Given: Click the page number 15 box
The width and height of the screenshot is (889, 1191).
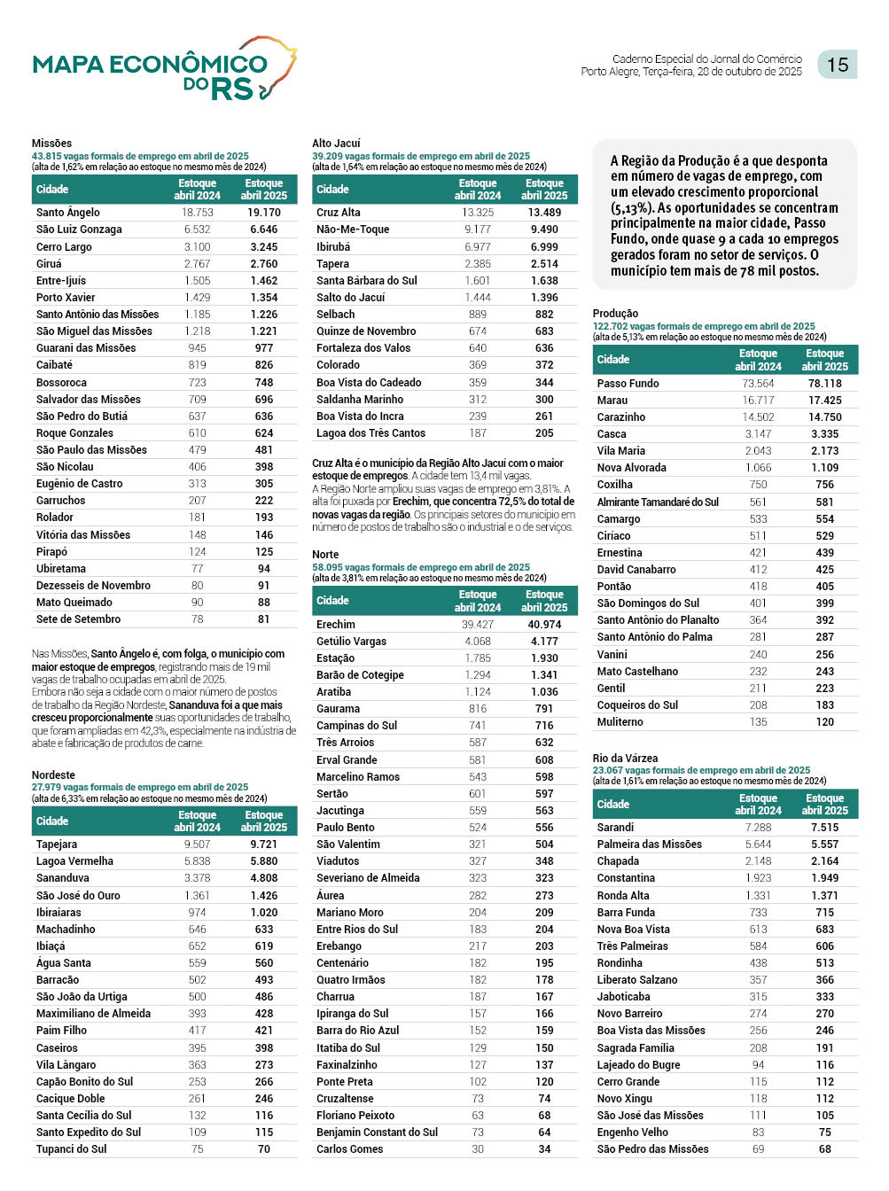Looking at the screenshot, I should (x=837, y=65).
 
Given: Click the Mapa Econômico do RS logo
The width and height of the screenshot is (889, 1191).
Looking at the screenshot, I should (x=164, y=69).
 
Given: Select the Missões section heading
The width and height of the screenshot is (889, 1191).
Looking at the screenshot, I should (x=51, y=144).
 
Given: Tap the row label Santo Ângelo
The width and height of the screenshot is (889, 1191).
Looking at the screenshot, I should (x=68, y=213).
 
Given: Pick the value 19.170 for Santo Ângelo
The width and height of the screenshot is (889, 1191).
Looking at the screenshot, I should (x=264, y=213).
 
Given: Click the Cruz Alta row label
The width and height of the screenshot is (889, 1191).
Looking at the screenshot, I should (x=339, y=213).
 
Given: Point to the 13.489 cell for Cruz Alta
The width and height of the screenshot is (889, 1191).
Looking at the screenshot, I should (x=544, y=213).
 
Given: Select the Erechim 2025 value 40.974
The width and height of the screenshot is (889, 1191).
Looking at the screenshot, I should (x=544, y=625).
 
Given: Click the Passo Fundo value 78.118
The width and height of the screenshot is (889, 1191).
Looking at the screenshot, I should (x=824, y=384).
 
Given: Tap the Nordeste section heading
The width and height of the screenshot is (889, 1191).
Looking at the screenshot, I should (x=53, y=775).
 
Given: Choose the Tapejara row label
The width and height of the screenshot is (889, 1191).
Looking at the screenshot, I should (x=57, y=845).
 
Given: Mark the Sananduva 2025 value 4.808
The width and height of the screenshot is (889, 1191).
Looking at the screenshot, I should (x=264, y=878).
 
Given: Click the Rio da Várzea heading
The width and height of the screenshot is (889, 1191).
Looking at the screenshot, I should (x=625, y=759).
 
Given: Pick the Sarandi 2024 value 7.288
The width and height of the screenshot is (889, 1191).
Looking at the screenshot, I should (x=758, y=828).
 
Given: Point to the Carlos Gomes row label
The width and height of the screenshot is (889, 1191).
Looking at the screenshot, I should (x=350, y=1149).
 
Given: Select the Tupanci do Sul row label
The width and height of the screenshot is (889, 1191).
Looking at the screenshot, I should (x=71, y=1149).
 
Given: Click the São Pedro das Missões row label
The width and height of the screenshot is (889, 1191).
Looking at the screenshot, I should (x=652, y=1149).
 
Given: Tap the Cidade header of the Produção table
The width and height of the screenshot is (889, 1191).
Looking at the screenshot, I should (x=613, y=360).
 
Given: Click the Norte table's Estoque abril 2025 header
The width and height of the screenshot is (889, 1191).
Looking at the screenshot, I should (x=544, y=601).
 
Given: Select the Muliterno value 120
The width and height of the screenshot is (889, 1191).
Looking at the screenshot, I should (x=824, y=722).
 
